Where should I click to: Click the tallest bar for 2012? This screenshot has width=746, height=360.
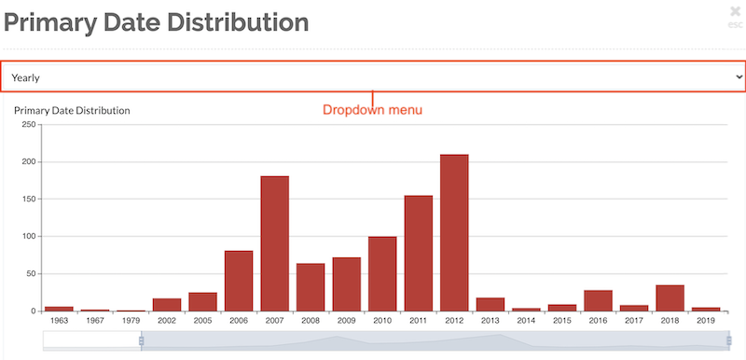(454, 232)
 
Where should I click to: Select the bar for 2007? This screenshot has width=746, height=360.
(274, 242)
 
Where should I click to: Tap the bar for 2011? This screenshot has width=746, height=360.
(418, 253)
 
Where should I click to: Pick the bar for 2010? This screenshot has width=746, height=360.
(382, 273)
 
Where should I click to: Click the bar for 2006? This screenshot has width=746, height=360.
(239, 280)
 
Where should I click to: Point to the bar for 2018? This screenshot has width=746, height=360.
(670, 298)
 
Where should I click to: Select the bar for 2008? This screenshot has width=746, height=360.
(311, 287)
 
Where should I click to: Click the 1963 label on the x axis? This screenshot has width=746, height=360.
(59, 321)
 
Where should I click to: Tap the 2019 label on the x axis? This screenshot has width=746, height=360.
(706, 321)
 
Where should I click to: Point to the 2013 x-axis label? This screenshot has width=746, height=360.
(490, 321)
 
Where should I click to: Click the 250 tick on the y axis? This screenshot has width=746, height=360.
(27, 124)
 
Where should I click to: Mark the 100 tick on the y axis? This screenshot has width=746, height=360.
(27, 236)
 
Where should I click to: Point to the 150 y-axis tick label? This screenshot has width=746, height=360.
(27, 199)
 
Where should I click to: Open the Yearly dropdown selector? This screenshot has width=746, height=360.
(373, 77)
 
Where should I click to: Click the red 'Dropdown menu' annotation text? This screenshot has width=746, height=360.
(372, 110)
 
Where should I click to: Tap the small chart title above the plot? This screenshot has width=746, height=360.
(72, 110)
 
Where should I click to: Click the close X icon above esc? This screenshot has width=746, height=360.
(736, 12)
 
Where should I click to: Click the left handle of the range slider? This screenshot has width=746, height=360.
(142, 341)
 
